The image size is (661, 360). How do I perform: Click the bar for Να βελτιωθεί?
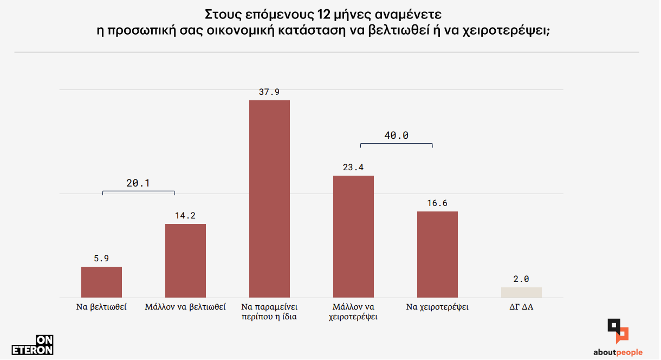tap(101, 282)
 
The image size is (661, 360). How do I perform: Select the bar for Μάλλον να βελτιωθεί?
tap(185, 261)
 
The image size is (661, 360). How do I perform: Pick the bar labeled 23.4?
tap(353, 236)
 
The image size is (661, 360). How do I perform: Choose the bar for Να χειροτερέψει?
tap(437, 254)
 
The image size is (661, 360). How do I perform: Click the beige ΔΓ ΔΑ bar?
tap(521, 292)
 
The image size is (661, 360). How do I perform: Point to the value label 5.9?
tap(101, 259)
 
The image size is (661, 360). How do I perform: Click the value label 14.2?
tap(185, 216)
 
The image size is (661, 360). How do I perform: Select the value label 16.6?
tap(437, 203)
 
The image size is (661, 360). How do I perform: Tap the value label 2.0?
tap(521, 279)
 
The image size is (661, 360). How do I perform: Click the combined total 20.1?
tap(138, 183)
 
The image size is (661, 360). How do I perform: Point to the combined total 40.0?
tap(396, 136)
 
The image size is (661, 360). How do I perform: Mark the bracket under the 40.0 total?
tap(396, 144)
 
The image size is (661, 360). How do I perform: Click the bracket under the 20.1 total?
tap(138, 192)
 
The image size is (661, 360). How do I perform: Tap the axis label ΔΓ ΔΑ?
tap(521, 307)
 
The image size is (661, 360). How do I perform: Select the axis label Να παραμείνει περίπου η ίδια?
tap(269, 312)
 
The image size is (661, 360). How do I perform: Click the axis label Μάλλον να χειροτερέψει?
tap(353, 312)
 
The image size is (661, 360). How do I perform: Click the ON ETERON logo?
tap(33, 345)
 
